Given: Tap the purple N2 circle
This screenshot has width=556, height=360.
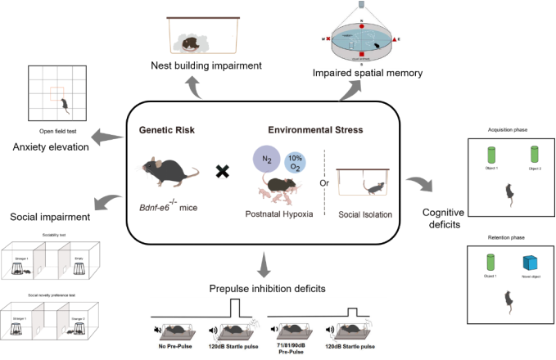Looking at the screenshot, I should pyautogui.click(x=266, y=158).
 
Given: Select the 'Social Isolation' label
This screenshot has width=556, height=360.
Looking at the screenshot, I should pyautogui.click(x=364, y=214).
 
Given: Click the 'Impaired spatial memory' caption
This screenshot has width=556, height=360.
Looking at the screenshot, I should pyautogui.click(x=367, y=74).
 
